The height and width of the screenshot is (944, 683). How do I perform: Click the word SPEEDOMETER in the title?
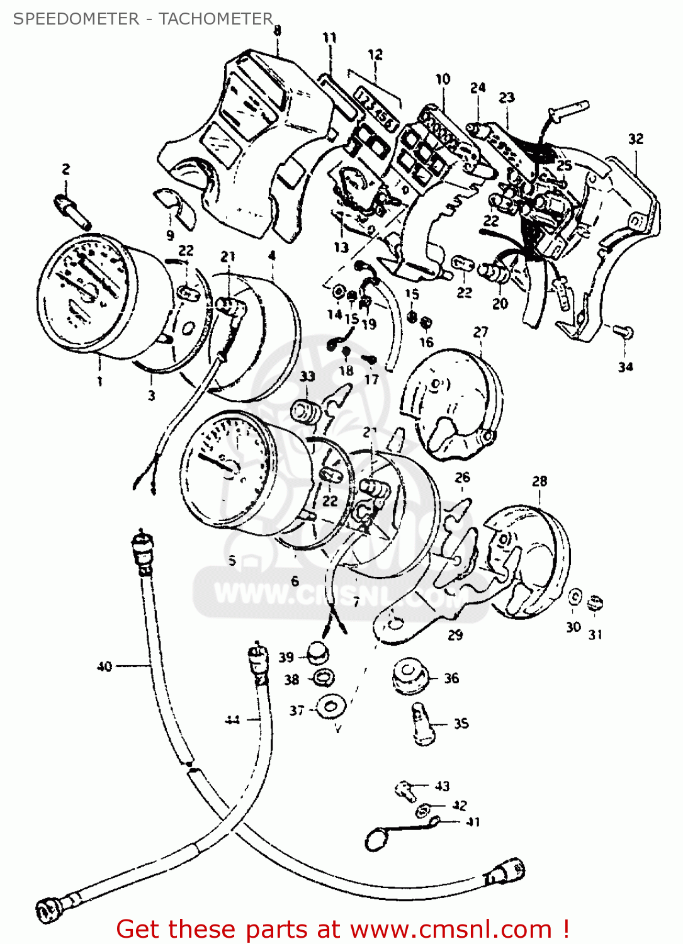[x=76, y=19]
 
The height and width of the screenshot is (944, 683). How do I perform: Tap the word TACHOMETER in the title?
[x=215, y=19]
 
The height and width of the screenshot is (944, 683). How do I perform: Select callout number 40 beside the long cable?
[x=104, y=666]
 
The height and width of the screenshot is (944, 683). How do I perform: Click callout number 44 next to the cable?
[x=232, y=719]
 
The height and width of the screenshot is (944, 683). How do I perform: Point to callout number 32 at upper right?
[x=636, y=138]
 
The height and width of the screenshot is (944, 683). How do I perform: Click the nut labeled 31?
[x=595, y=604]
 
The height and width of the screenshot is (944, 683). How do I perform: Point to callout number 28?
[x=539, y=481]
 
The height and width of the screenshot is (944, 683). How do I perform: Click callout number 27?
[x=480, y=332]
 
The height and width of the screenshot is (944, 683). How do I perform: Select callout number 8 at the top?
[x=277, y=30]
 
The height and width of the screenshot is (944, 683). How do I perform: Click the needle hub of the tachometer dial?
[x=229, y=467]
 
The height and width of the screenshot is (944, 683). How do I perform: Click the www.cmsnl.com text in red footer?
[x=451, y=929]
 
